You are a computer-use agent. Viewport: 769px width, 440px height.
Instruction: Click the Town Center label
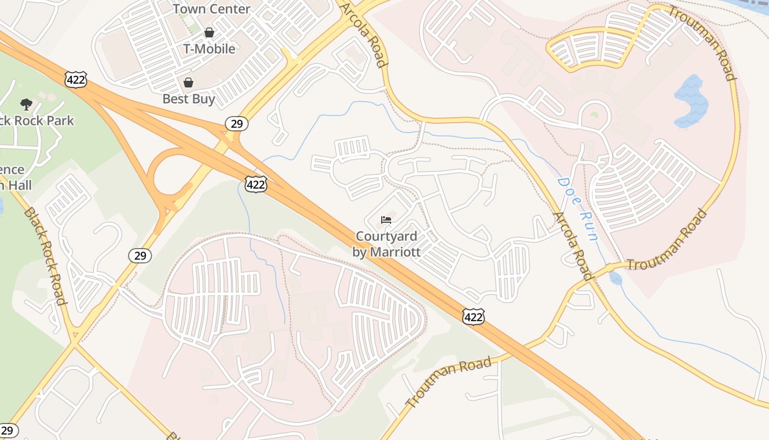click(211, 9)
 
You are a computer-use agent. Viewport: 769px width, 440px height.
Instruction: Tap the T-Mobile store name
click(209, 49)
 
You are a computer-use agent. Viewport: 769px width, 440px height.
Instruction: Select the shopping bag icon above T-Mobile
click(209, 32)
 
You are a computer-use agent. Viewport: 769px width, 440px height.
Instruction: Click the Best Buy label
click(189, 99)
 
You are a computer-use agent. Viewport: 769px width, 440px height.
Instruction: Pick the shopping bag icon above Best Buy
click(188, 82)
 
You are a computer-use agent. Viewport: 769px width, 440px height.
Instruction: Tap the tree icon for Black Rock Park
click(26, 104)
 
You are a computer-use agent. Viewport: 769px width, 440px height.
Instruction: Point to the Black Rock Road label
click(45, 256)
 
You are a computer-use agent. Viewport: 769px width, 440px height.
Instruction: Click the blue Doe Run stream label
click(577, 209)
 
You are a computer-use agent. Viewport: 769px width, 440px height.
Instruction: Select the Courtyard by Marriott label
click(386, 244)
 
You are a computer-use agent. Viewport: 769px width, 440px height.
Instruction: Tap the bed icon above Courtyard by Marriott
click(386, 220)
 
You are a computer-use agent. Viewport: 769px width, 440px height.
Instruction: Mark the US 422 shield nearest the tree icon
click(75, 79)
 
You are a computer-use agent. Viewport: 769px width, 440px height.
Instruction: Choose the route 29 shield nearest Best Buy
click(237, 123)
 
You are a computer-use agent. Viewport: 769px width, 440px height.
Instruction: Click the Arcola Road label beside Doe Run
click(572, 245)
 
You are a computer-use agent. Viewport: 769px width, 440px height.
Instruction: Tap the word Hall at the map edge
click(16, 186)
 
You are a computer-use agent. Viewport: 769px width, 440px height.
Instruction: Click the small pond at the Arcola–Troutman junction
click(616, 279)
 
